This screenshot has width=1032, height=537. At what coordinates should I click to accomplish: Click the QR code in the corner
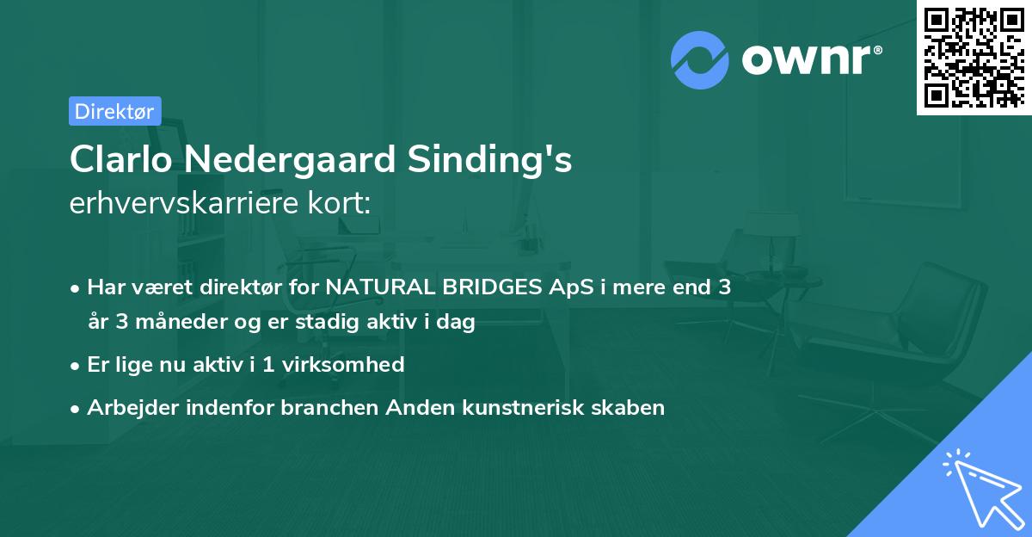974,57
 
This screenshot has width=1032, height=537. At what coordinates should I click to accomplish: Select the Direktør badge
114,111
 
